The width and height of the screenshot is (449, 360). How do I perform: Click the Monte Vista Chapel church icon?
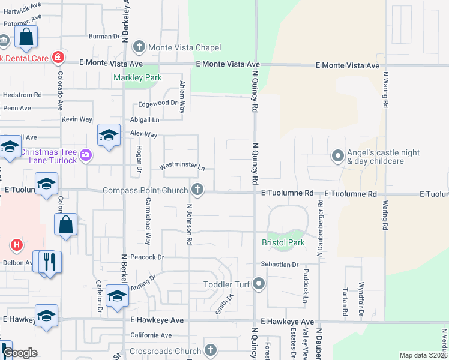pos(139,47)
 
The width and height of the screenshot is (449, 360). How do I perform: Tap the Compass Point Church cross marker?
pos(197,191)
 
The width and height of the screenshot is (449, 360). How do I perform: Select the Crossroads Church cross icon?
pos(210,350)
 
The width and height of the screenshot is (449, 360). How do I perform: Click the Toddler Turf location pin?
pos(259,283)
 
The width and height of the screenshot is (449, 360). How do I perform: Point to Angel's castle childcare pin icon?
pos(338,157)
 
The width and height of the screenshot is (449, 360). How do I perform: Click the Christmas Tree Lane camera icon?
pos(86,156)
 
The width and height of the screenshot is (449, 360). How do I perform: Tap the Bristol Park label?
pos(283,243)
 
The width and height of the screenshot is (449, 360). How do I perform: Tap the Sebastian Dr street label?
pos(279,264)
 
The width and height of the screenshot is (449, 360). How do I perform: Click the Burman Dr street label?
pos(104,36)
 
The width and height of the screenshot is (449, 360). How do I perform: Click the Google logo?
pos(20,353)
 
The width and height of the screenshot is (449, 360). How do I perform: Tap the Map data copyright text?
pos(423,355)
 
